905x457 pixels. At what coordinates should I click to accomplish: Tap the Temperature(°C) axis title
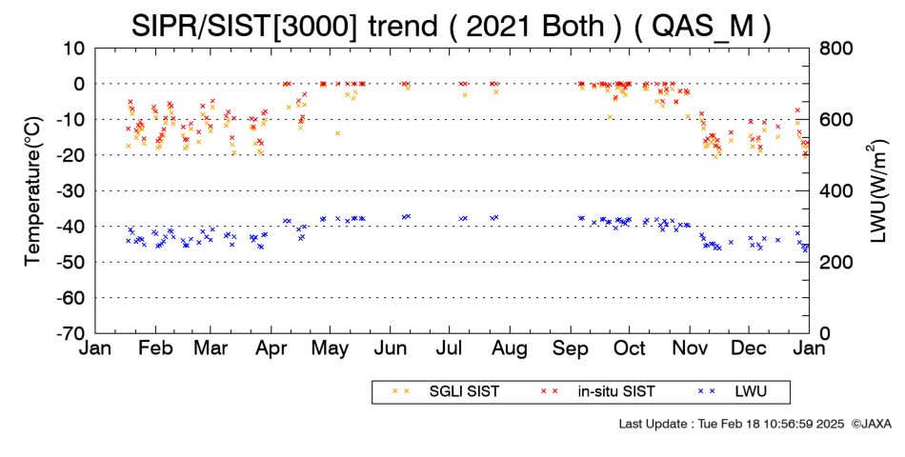[x=33, y=191]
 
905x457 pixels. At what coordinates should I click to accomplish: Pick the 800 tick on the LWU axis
[x=836, y=49]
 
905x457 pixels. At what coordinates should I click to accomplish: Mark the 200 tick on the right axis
[x=836, y=263]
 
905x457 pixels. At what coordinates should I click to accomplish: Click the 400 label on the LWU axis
[x=836, y=191]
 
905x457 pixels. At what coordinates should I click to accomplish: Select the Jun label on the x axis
[x=391, y=349]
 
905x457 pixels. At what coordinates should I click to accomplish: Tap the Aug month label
[x=510, y=349]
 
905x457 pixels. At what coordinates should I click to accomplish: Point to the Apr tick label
[x=271, y=349]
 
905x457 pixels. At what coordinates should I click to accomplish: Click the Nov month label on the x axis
[x=689, y=349]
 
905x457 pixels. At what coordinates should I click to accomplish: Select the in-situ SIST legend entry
[x=598, y=392]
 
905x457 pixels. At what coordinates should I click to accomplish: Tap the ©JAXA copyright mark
[x=871, y=424]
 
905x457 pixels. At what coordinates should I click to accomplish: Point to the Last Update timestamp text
[x=732, y=424]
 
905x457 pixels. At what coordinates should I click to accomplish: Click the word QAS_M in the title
[x=702, y=27]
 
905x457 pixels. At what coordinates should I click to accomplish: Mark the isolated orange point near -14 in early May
[x=337, y=133]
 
